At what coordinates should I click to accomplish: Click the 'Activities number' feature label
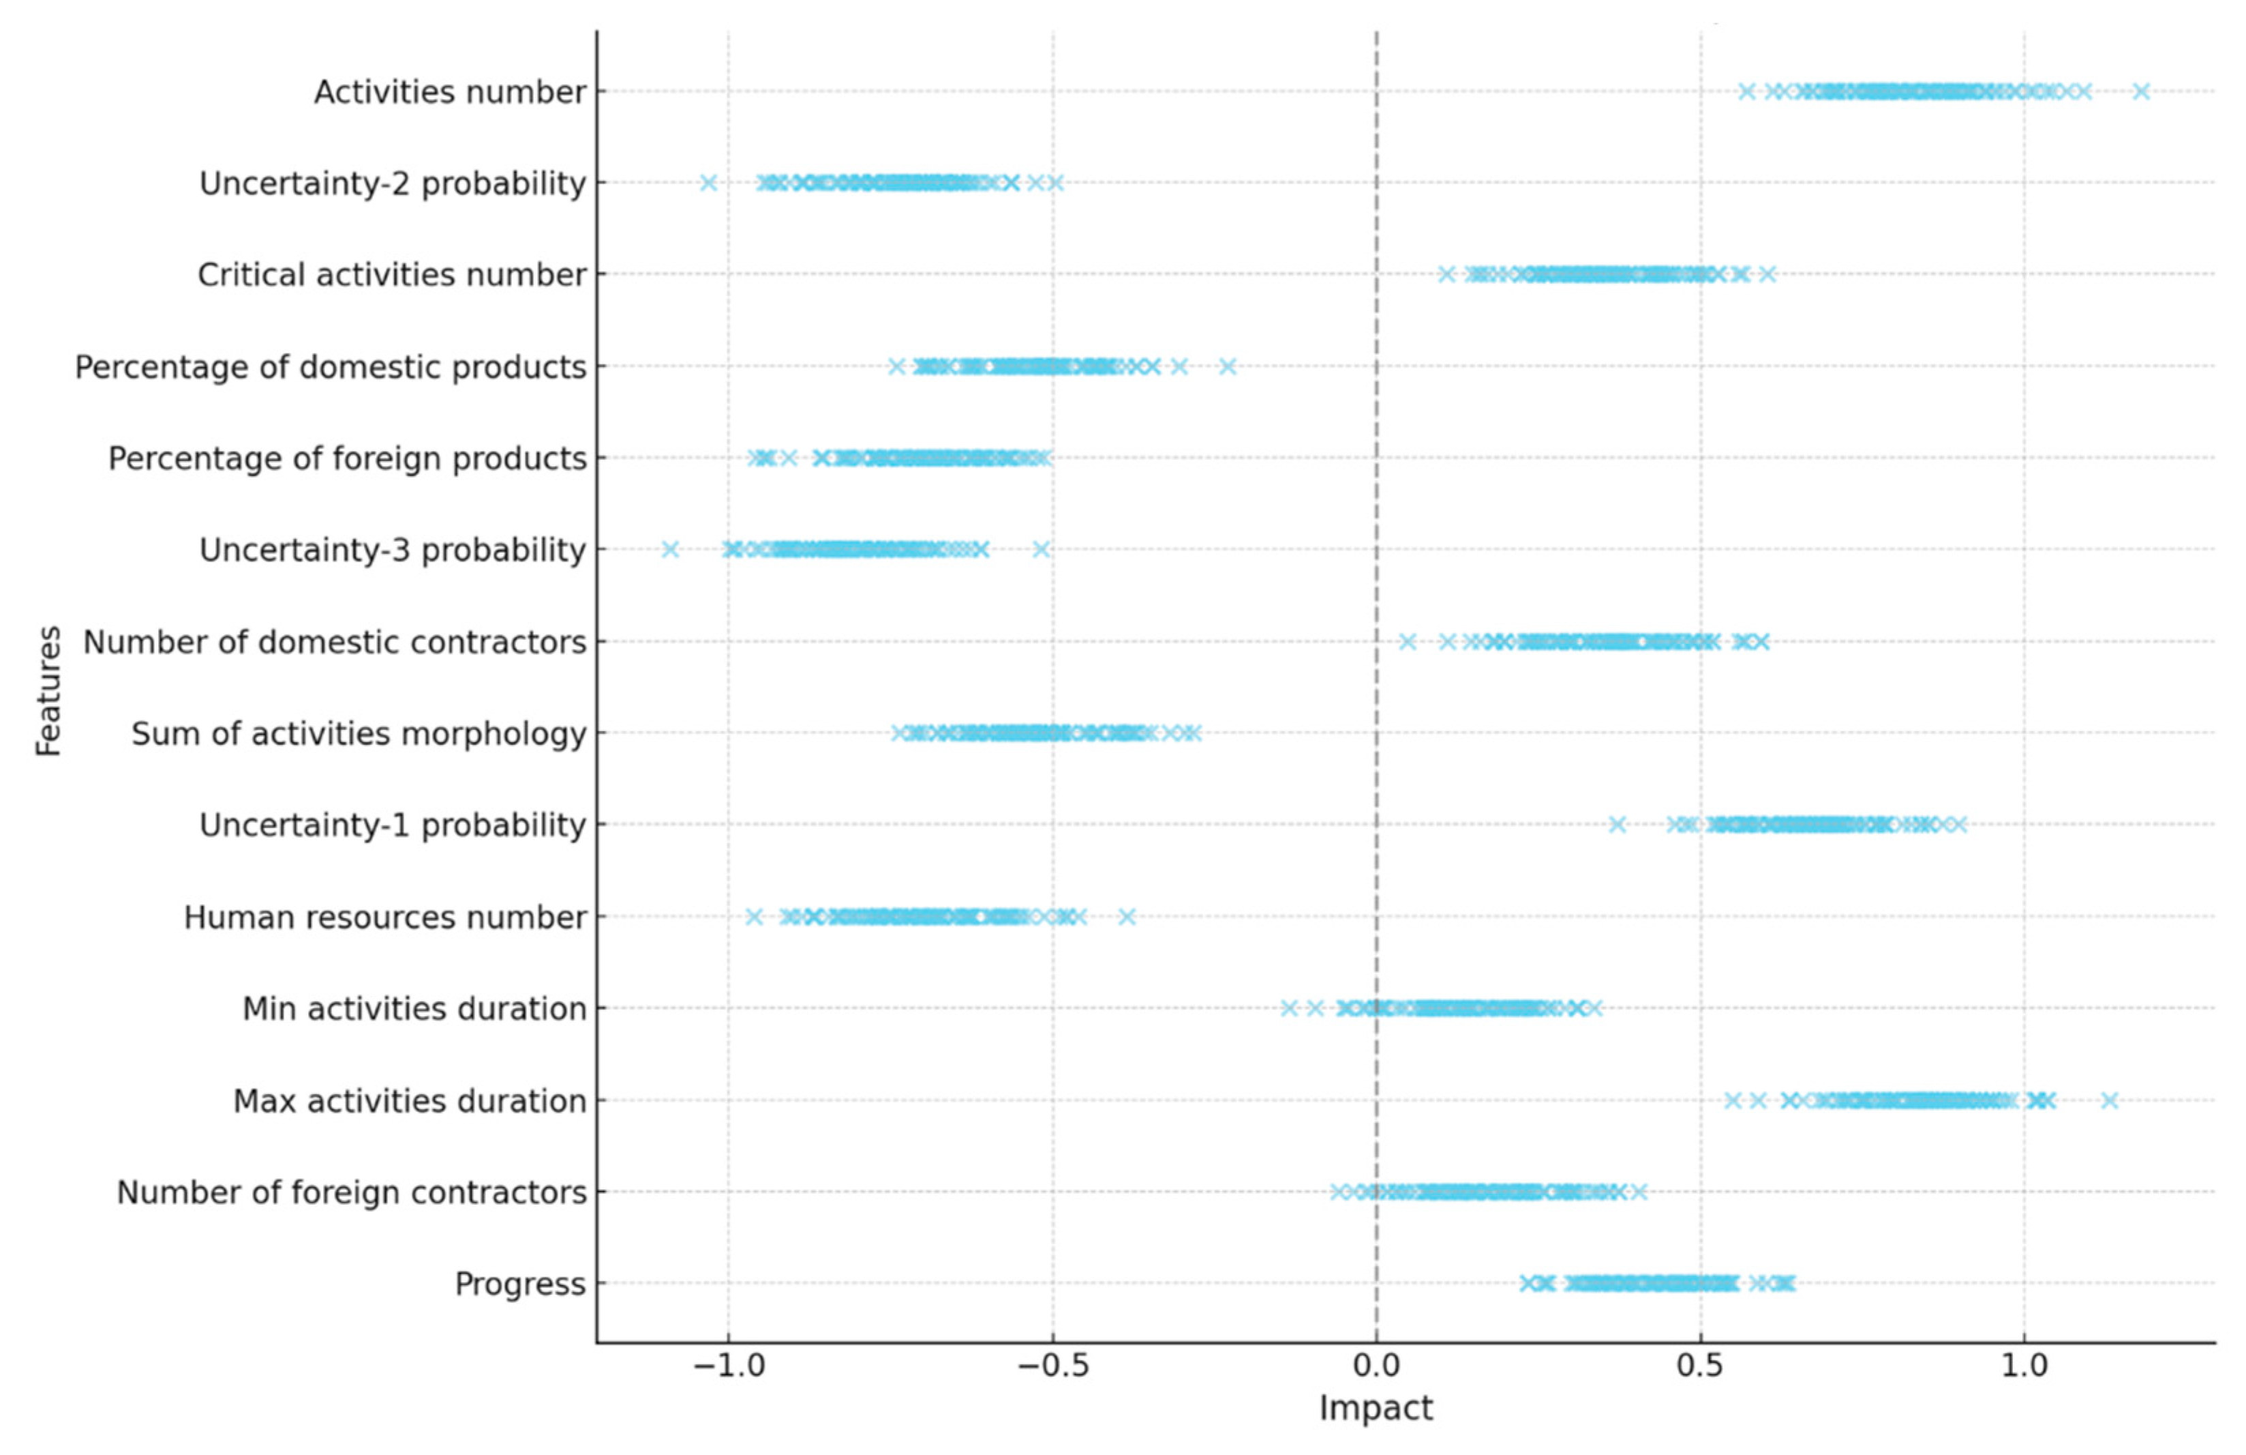click(449, 93)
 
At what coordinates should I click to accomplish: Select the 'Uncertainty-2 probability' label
click(393, 183)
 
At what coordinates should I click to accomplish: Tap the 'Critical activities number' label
click(392, 275)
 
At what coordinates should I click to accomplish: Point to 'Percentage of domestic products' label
click(331, 366)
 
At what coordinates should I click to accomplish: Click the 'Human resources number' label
click(385, 917)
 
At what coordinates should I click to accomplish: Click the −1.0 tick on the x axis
click(727, 1366)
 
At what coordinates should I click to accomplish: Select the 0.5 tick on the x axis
click(1701, 1366)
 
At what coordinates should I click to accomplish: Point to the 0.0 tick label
click(1376, 1366)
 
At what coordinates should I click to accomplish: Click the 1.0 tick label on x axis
click(2024, 1366)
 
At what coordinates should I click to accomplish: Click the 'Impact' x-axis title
click(1376, 1408)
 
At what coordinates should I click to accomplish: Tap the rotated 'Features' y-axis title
click(48, 691)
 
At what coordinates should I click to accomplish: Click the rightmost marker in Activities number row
click(2141, 91)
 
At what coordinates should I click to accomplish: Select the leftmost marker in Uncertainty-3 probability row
click(670, 550)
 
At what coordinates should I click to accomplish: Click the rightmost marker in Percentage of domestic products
click(1227, 366)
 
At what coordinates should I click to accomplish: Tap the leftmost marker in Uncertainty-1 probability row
click(1618, 825)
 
